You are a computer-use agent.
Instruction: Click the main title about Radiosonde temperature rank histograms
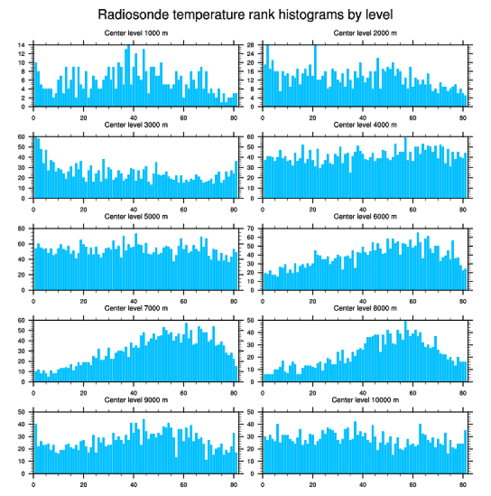245,13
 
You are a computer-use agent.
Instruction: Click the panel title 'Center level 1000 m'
136,33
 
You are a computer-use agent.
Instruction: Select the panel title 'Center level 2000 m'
365,33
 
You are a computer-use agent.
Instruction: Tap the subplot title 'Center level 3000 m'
136,125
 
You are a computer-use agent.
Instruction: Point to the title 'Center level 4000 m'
365,125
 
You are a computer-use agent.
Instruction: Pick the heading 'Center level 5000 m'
136,216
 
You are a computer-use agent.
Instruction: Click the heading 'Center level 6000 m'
365,216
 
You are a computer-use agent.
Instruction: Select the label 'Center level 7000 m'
136,308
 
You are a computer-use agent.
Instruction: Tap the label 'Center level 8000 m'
365,308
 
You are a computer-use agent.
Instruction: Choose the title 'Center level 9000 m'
136,400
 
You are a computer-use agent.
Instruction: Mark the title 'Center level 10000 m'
365,400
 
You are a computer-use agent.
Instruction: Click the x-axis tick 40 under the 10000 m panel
363,482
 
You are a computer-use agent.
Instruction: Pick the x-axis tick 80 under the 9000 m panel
233,482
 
